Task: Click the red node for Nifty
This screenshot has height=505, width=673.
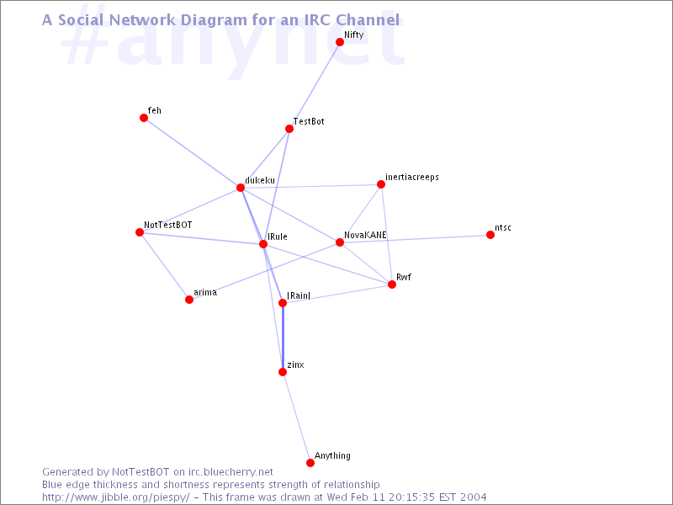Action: click(340, 41)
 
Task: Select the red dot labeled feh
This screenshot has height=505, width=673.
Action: click(144, 118)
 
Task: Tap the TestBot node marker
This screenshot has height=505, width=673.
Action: click(289, 129)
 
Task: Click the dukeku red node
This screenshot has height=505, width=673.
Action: click(241, 188)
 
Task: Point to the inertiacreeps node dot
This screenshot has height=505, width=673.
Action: click(381, 184)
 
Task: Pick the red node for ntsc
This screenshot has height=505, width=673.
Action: click(490, 235)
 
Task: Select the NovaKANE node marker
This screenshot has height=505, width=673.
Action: click(340, 242)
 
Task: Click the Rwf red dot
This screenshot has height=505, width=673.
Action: click(392, 284)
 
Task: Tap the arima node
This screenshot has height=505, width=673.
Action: click(189, 300)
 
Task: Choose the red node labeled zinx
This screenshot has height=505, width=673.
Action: click(283, 372)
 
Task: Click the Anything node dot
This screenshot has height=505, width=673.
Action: click(310, 462)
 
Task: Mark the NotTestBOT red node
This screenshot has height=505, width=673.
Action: click(140, 232)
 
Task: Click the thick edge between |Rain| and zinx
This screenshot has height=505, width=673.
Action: click(283, 338)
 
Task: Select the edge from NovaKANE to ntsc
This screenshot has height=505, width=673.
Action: click(415, 239)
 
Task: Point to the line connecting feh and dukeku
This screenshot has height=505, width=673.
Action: click(192, 152)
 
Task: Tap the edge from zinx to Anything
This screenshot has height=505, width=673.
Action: click(296, 417)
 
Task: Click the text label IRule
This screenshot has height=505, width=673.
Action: click(278, 237)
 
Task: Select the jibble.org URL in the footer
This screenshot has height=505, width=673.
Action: click(115, 497)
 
